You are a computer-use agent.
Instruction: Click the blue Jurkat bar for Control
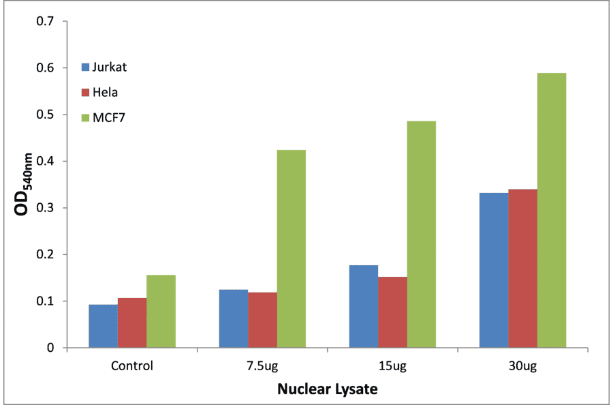103,326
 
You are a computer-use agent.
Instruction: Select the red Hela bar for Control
132,322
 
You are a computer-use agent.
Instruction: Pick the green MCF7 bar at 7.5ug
292,249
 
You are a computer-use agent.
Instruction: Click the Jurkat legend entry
109,67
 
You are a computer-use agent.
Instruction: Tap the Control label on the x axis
132,365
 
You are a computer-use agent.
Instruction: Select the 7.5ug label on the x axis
262,365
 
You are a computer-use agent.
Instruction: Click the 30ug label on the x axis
522,365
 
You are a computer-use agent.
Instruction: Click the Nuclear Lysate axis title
327,390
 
